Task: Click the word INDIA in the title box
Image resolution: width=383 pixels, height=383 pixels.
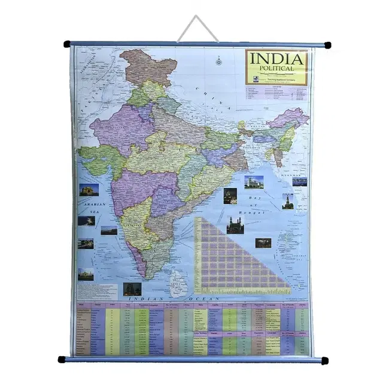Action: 276,60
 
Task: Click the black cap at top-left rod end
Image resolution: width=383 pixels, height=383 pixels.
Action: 67,44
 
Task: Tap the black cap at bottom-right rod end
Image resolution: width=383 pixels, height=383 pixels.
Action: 324,361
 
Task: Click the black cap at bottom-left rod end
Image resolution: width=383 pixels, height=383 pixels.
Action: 61,360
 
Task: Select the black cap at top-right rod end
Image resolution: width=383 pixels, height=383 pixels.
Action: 327,45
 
